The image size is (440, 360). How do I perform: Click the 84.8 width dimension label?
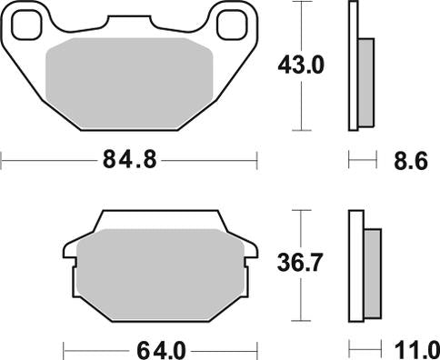[x=129, y=162]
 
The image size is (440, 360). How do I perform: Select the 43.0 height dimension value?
[x=301, y=65]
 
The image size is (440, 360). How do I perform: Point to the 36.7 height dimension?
[x=301, y=264]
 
